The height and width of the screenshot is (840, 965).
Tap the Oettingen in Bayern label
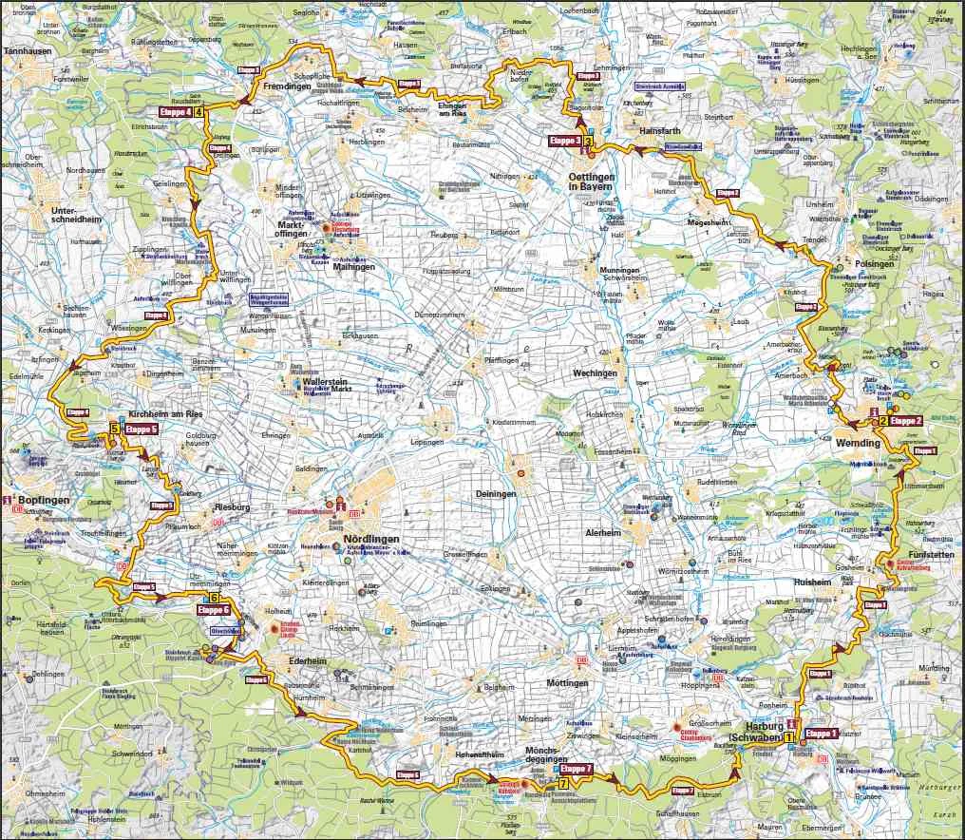593,182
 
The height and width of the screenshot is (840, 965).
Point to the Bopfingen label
45,499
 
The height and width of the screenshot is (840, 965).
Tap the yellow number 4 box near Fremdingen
199,112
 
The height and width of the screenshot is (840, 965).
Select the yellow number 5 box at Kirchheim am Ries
114,429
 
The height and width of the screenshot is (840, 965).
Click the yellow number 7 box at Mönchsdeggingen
564,784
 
